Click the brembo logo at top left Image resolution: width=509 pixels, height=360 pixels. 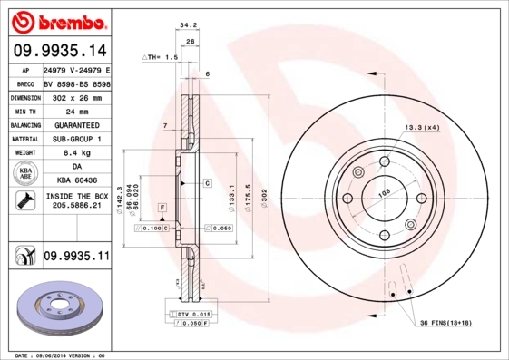tap(58, 19)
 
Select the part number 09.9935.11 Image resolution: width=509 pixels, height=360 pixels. tap(75, 257)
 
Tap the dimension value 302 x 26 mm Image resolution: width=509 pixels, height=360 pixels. tap(75, 96)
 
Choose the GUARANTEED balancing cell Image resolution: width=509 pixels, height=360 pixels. tap(75, 124)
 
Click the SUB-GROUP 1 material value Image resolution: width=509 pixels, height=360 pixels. tap(75, 139)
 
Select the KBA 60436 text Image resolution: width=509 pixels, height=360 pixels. tap(75, 180)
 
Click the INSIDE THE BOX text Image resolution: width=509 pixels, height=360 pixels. tap(75, 196)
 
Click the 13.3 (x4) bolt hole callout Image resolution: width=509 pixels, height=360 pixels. tap(422, 127)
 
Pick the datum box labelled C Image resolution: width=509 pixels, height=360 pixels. tap(207, 183)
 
